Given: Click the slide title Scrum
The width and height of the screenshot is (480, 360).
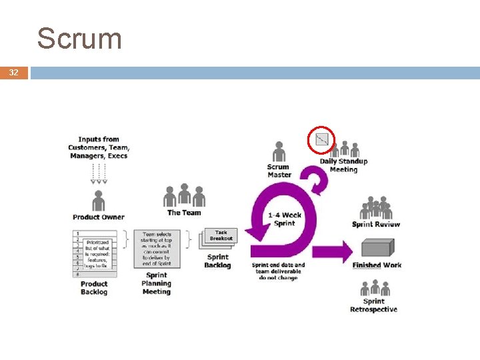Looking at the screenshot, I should (79, 39).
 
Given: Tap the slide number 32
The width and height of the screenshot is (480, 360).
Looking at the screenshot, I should (13, 73).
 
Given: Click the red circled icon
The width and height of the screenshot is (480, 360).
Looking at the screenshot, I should (322, 139).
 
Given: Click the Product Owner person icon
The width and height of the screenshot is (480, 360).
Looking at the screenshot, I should (99, 201).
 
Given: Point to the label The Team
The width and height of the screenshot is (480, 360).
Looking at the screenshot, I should (183, 213).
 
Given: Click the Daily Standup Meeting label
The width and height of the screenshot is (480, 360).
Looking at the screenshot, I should (343, 165).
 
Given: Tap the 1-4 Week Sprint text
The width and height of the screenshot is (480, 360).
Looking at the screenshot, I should (285, 219).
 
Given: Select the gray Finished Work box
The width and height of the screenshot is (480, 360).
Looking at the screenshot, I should (377, 249).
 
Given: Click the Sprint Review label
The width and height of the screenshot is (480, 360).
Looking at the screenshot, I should (376, 225).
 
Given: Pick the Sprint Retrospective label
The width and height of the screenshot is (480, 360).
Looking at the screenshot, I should (373, 305).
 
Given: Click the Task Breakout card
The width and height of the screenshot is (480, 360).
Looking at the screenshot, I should (221, 235).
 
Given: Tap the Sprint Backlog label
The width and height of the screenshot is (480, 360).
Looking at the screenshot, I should (217, 261).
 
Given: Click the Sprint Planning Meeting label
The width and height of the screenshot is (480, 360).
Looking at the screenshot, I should (156, 283).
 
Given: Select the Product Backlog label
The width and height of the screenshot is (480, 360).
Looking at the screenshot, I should (94, 288).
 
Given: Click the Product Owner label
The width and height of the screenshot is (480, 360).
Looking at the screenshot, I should (99, 217).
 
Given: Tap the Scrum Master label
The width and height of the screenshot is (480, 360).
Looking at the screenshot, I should (279, 171).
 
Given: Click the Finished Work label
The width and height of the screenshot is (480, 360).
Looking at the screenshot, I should (377, 265).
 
